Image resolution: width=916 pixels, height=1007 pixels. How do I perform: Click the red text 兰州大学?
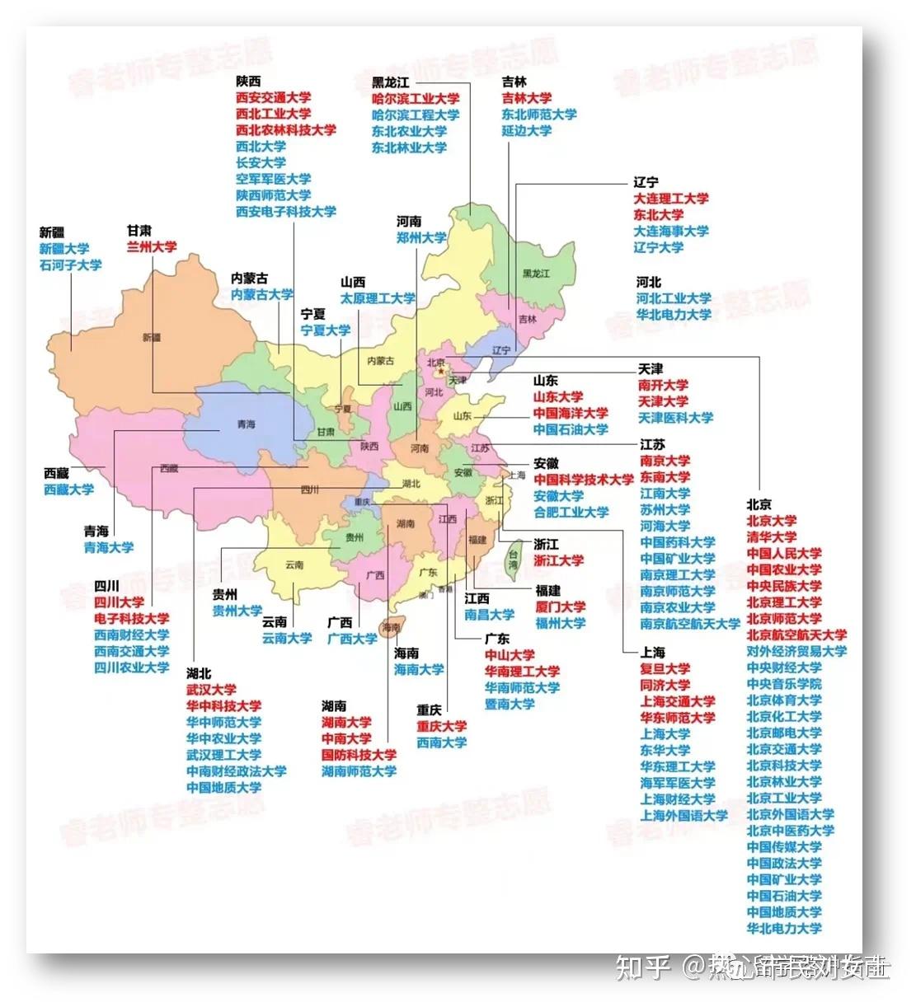pyautogui.click(x=152, y=246)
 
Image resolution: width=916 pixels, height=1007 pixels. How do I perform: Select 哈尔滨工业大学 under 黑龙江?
pyautogui.click(x=416, y=99)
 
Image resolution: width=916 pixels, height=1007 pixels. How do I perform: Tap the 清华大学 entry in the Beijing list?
pyautogui.click(x=772, y=537)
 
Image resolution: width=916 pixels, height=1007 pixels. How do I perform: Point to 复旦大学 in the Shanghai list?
pyautogui.click(x=665, y=669)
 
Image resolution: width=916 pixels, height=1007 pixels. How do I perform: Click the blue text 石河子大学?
pyautogui.click(x=70, y=265)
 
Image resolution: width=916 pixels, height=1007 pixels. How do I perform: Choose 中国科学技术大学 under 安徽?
pyautogui.click(x=584, y=480)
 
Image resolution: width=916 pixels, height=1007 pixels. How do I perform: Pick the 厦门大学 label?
pyautogui.click(x=561, y=607)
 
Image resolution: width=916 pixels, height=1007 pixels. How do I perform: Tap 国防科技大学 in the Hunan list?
pyautogui.click(x=359, y=755)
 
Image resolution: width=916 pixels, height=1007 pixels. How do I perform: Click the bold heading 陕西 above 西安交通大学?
pyautogui.click(x=248, y=81)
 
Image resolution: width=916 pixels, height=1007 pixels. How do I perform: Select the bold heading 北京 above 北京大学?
pyautogui.click(x=759, y=504)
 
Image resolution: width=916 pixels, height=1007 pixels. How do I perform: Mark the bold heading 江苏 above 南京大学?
pyautogui.click(x=652, y=444)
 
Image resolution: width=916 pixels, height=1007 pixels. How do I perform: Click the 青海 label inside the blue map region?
pyautogui.click(x=246, y=424)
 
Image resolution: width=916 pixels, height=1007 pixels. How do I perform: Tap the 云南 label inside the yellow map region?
pyautogui.click(x=294, y=565)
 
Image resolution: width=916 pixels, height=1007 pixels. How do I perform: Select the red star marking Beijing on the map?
pyautogui.click(x=442, y=372)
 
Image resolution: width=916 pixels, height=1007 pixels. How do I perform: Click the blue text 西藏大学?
pyautogui.click(x=68, y=489)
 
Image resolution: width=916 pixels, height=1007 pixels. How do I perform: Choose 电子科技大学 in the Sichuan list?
pyautogui.click(x=132, y=619)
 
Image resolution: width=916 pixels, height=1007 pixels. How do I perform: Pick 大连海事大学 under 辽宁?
pyautogui.click(x=671, y=232)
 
